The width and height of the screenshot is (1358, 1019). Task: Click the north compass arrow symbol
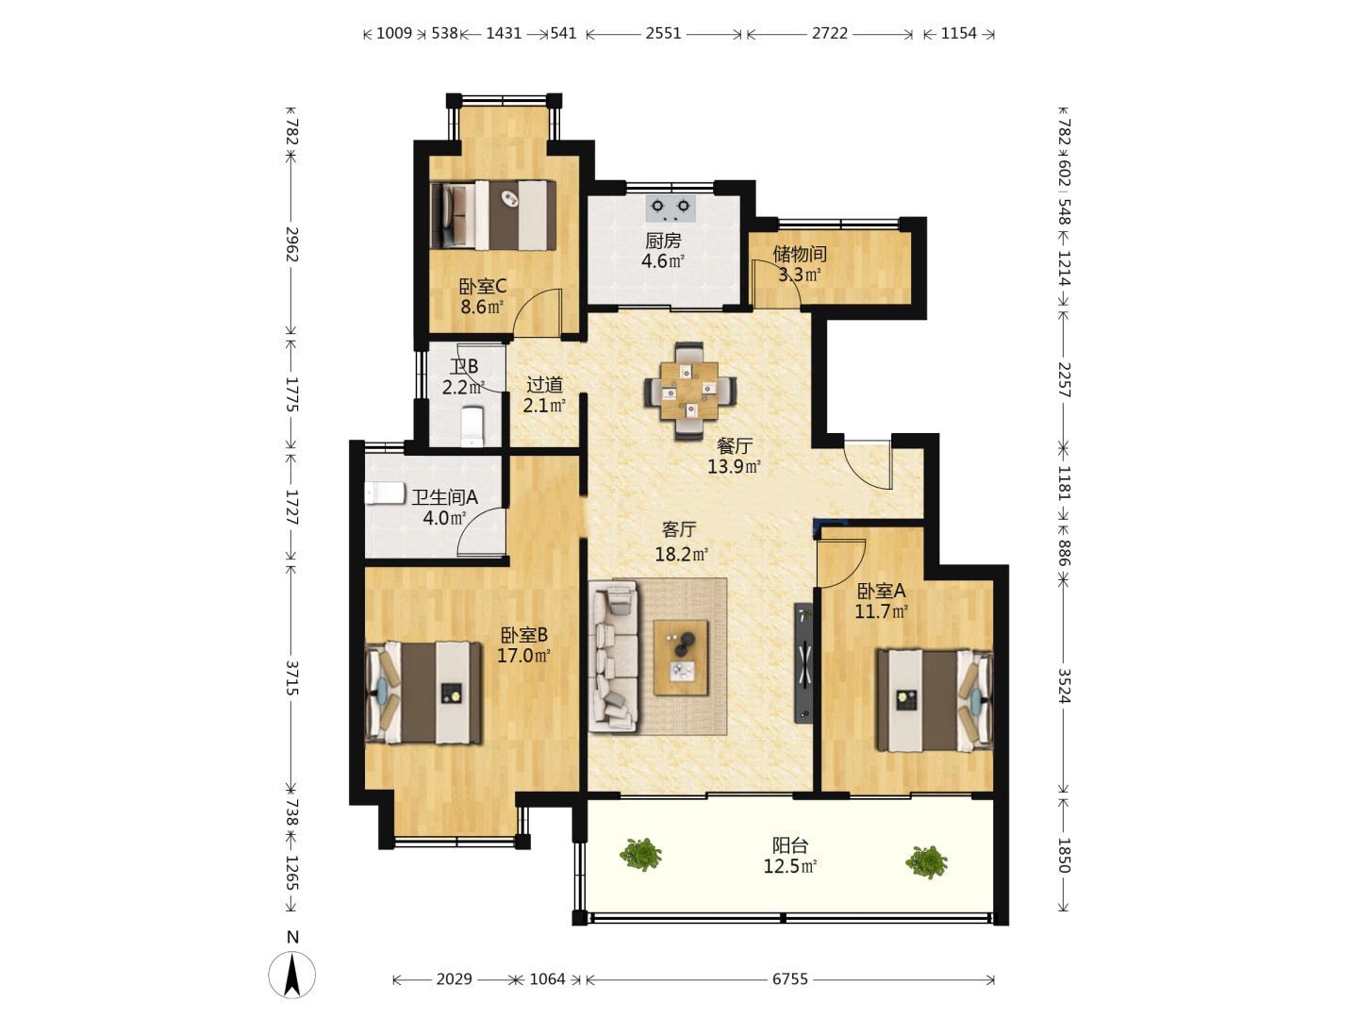(x=291, y=975)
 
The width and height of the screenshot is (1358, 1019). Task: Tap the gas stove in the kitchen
(x=671, y=209)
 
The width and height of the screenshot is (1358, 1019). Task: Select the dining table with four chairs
(x=689, y=391)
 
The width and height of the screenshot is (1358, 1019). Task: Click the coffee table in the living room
(x=681, y=658)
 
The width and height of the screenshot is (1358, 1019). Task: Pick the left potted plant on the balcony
(x=640, y=855)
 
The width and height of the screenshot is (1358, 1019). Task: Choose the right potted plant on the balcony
(x=926, y=861)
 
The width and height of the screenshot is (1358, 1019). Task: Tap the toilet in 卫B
(x=472, y=426)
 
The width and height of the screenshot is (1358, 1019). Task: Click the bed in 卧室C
(x=493, y=215)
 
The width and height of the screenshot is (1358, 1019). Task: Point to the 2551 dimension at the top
(x=663, y=33)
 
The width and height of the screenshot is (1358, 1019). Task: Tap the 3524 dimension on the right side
(x=1064, y=686)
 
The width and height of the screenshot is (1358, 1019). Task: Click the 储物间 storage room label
(x=800, y=254)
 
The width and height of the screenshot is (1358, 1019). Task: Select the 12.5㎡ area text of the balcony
(x=790, y=866)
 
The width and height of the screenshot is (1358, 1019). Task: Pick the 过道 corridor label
(x=544, y=385)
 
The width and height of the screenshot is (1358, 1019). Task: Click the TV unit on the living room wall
(x=803, y=662)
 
